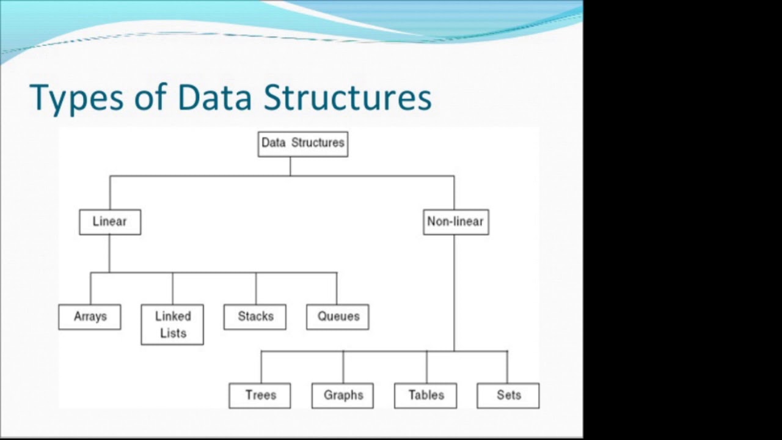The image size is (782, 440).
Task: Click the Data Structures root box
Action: tap(303, 144)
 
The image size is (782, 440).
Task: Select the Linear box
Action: tap(111, 222)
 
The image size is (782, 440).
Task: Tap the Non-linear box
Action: tap(456, 222)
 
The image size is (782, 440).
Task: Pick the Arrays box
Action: tap(90, 317)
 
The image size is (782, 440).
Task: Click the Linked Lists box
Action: tap(172, 324)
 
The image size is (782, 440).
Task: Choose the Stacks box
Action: tap(255, 317)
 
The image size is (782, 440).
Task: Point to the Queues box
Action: tap(338, 317)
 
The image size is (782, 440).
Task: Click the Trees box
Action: tap(260, 396)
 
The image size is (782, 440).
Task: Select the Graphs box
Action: tap(343, 396)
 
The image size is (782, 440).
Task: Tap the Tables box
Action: tap(426, 396)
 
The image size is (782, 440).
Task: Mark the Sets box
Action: tap(508, 396)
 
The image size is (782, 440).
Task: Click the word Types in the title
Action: tap(76, 98)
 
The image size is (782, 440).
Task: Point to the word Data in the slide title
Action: tap(214, 97)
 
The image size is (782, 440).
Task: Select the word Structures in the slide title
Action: tap(348, 97)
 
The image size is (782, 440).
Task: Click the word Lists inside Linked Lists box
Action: tap(173, 333)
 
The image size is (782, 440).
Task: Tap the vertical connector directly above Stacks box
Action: tap(256, 288)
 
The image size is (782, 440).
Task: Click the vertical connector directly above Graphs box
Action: tap(343, 367)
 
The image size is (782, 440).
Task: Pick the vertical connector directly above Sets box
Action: tap(507, 367)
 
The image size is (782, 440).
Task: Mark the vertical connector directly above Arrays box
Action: tap(91, 288)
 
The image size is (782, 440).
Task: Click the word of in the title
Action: tap(150, 97)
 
